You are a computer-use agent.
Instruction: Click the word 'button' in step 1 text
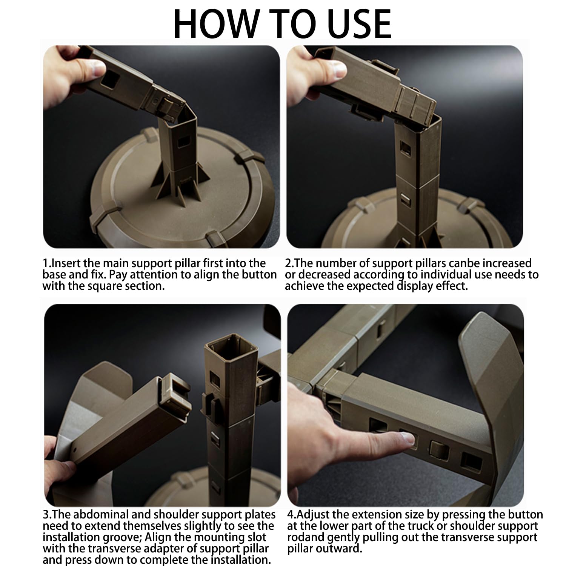coord(259,274)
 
